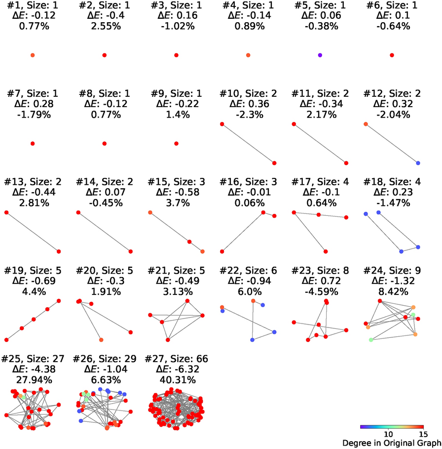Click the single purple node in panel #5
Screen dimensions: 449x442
pos(320,55)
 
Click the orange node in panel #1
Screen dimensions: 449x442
pos(33,55)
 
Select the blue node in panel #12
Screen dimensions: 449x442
pos(418,163)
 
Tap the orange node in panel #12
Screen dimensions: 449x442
pos(366,124)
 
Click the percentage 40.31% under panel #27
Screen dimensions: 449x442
pos(176,380)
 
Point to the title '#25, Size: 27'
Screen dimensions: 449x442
pos(33,359)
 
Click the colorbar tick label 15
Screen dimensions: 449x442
pos(422,433)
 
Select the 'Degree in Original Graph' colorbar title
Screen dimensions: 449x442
pos(391,443)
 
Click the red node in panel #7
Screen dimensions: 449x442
pos(33,143)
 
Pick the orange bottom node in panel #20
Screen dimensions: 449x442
pos(101,340)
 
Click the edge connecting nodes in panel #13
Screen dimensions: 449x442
pos(33,232)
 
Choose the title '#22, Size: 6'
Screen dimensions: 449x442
pos(248,271)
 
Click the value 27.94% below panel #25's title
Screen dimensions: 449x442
pos(33,380)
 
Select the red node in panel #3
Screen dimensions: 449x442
pos(176,55)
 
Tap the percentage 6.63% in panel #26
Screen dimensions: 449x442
pos(105,380)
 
